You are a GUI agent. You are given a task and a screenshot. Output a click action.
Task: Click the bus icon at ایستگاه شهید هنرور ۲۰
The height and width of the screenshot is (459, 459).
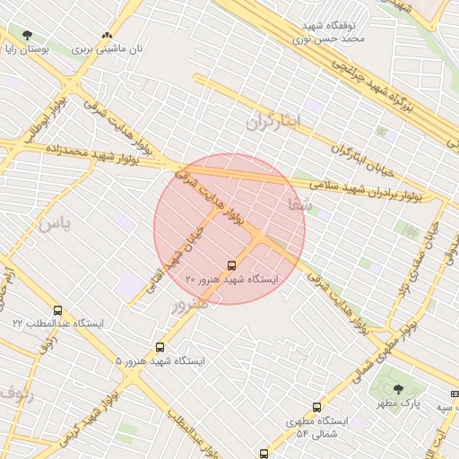231,265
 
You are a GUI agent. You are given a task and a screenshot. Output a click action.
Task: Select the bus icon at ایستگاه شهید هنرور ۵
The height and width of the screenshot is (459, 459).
160,347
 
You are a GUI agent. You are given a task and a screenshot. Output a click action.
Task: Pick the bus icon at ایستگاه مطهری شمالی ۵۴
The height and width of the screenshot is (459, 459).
316,408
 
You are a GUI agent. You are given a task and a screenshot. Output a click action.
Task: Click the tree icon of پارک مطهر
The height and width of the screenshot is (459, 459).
398,388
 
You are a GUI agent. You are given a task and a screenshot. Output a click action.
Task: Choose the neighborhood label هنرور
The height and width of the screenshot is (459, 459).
189,303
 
